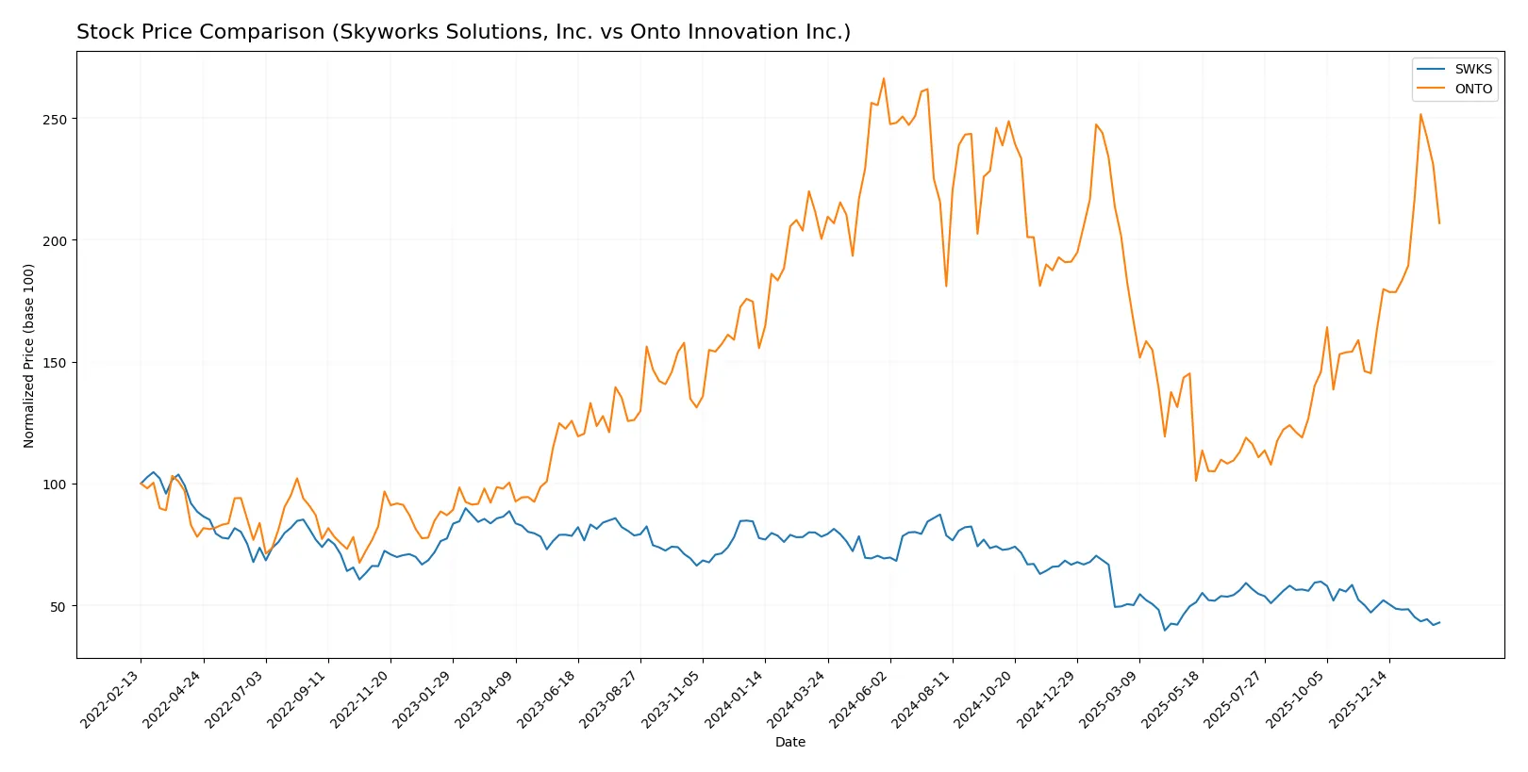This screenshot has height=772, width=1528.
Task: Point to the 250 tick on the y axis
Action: pyautogui.click(x=55, y=120)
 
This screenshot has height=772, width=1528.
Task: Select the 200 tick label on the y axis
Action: pyautogui.click(x=55, y=241)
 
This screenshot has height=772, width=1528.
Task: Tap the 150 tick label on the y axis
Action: pyautogui.click(x=55, y=363)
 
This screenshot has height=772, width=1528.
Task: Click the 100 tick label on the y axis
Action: pyautogui.click(x=55, y=485)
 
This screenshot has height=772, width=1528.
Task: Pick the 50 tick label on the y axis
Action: pyautogui.click(x=58, y=606)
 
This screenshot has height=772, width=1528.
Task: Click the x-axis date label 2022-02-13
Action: pyautogui.click(x=112, y=698)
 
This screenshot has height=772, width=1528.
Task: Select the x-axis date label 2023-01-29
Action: pyautogui.click(x=424, y=698)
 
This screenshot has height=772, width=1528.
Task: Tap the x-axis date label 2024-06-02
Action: pyautogui.click(x=861, y=698)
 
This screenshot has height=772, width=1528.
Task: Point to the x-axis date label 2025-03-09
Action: pyautogui.click(x=1110, y=698)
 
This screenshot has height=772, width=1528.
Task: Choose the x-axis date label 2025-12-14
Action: pyautogui.click(x=1360, y=698)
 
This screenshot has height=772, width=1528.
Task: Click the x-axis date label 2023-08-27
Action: pyautogui.click(x=611, y=698)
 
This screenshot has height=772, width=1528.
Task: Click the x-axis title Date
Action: pyautogui.click(x=790, y=743)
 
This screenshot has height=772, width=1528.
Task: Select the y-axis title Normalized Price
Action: pyautogui.click(x=29, y=355)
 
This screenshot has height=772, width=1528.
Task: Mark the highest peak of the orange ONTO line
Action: pyautogui.click(x=884, y=78)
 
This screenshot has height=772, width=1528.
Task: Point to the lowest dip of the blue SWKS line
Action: pyautogui.click(x=1165, y=630)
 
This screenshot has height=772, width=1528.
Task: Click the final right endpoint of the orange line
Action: pyautogui.click(x=1439, y=223)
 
